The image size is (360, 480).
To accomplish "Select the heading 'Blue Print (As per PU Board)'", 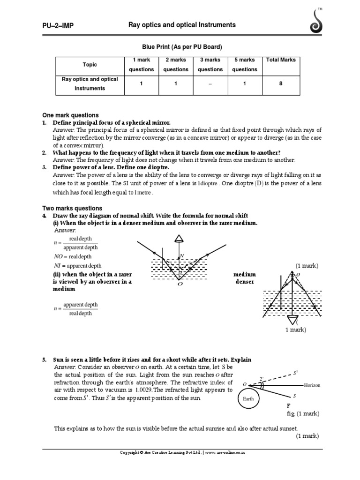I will (181, 47).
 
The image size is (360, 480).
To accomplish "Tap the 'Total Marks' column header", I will (281, 60).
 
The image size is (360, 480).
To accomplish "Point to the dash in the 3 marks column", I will (210, 84).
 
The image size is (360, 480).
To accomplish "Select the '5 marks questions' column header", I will (245, 65).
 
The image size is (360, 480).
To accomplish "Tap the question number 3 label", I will (44, 167).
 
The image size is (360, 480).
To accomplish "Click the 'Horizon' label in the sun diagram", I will (312, 385).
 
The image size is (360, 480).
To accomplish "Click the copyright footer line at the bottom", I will (182, 453).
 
